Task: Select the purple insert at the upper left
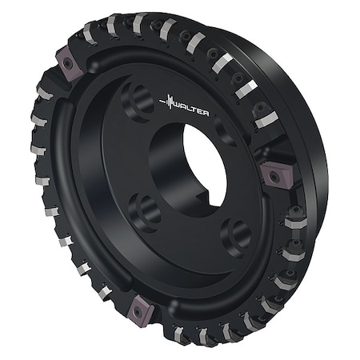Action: (x=66, y=62)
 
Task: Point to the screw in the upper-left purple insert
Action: (x=67, y=63)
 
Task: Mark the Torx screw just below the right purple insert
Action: (x=295, y=213)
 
